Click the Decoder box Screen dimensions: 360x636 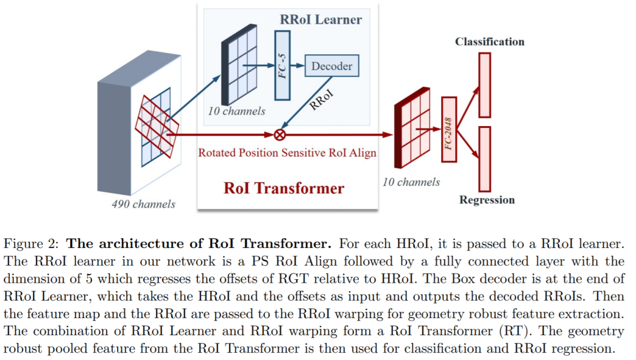(332, 66)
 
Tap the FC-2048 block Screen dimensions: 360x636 (449, 130)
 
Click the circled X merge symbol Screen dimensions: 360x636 (280, 134)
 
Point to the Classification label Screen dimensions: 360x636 (489, 42)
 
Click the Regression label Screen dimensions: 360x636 (487, 200)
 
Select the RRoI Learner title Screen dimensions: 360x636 (321, 20)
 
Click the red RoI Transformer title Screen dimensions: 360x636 (284, 188)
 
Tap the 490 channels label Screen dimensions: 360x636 (144, 204)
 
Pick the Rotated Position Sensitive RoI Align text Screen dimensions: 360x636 (287, 153)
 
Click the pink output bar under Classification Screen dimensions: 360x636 (485, 85)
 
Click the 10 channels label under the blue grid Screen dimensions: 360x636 (237, 111)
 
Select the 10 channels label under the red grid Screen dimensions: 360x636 (411, 182)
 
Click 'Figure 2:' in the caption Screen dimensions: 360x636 (32, 243)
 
